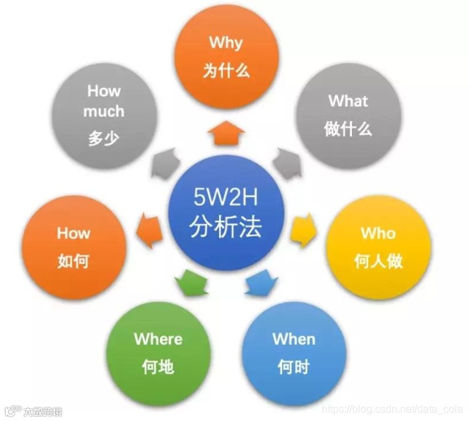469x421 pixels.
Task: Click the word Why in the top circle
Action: [226, 43]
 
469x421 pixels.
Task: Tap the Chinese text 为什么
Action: [226, 70]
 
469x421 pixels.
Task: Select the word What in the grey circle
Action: [348, 101]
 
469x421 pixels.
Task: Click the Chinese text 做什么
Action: [348, 129]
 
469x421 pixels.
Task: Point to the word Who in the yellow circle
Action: [378, 234]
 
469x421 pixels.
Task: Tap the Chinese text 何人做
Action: [378, 261]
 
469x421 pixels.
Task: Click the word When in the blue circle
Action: [294, 339]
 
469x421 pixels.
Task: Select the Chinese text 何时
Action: [294, 366]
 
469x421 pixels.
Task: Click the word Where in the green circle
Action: [159, 339]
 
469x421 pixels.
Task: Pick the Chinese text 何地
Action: [159, 366]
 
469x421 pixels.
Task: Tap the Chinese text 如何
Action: [74, 261]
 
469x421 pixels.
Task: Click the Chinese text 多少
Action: [104, 139]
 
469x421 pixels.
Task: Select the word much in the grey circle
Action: [104, 111]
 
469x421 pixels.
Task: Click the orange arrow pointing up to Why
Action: [226, 134]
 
